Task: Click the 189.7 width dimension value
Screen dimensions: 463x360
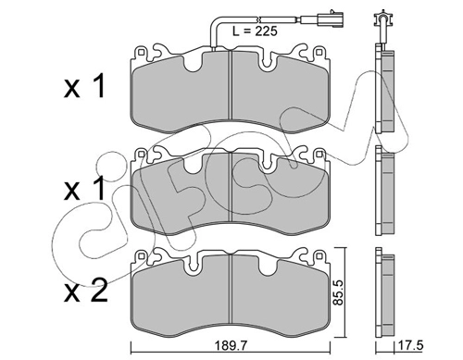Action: pyautogui.click(x=231, y=346)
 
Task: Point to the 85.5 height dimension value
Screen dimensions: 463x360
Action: pyautogui.click(x=339, y=292)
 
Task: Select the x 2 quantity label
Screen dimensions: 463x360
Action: pyautogui.click(x=86, y=291)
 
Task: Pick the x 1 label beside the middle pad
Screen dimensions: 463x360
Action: pyautogui.click(x=84, y=189)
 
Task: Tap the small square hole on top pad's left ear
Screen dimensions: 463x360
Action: pyautogui.click(x=141, y=52)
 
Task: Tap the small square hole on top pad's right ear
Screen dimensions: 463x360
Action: pyautogui.click(x=319, y=52)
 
